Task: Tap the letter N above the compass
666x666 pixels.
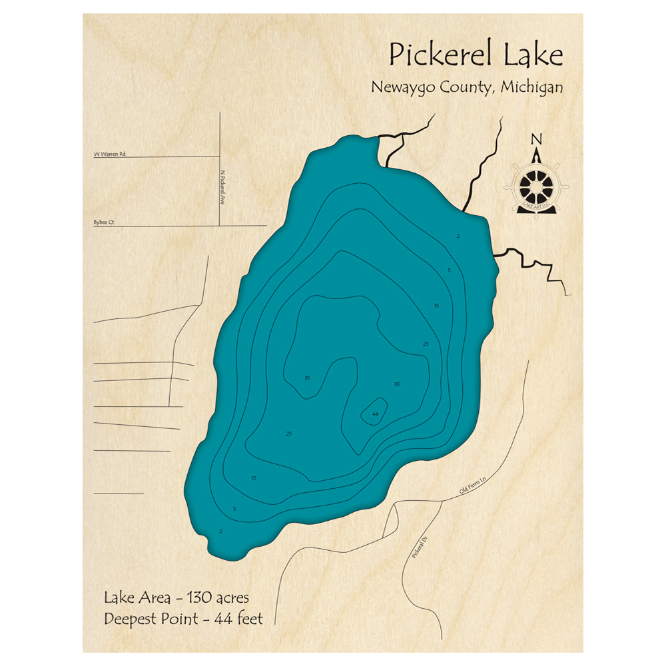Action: click(x=536, y=139)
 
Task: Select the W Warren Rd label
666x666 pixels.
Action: click(x=110, y=154)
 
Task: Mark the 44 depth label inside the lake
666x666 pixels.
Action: click(x=376, y=414)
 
